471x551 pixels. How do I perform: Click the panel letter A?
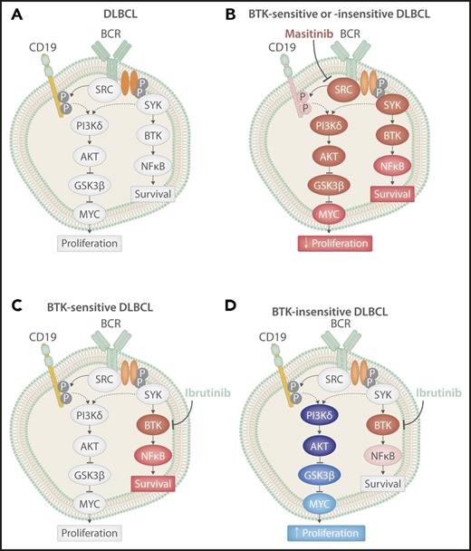11,13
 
